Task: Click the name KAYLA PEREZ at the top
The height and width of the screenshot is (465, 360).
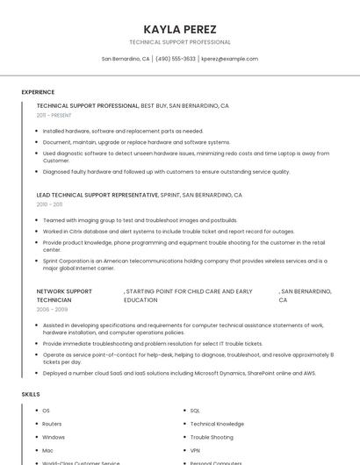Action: coord(180,29)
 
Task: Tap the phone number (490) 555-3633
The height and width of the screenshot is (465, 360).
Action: coord(175,59)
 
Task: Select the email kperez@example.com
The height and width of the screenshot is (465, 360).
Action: coord(229,59)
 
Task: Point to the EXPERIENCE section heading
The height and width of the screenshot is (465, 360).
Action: coord(38,92)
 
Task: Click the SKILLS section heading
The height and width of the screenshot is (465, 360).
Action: coord(31,394)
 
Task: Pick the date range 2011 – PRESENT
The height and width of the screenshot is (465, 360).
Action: coord(54,115)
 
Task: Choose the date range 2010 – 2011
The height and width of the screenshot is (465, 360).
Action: coord(49,204)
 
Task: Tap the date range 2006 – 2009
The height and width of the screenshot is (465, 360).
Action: coord(52,310)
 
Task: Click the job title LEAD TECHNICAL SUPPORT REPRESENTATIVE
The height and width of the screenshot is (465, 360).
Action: coord(97,195)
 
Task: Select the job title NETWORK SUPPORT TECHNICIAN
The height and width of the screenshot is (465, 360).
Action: coord(64,296)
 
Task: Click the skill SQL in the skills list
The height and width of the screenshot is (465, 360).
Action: coord(195,411)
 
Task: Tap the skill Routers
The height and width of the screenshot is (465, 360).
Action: coord(52,424)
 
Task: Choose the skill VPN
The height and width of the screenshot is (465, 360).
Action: coord(195,450)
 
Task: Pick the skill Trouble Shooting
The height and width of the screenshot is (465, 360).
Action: coord(212,437)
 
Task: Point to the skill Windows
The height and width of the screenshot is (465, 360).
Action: coord(54,437)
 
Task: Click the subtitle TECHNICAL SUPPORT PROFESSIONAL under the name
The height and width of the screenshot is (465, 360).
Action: coord(180,42)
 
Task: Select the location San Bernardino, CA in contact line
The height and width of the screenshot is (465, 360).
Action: coord(126,59)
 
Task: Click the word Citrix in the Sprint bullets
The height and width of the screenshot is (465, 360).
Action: coord(78,232)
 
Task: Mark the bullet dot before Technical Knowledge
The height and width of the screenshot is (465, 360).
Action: coord(184,424)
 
